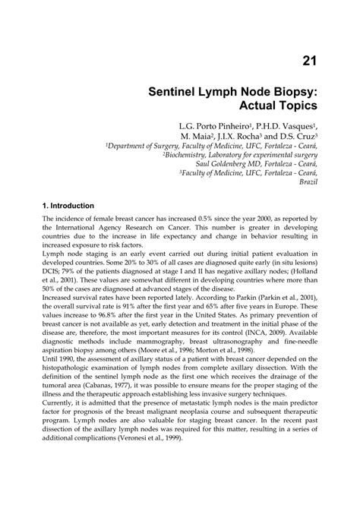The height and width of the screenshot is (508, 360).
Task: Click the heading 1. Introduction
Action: click(68, 206)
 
